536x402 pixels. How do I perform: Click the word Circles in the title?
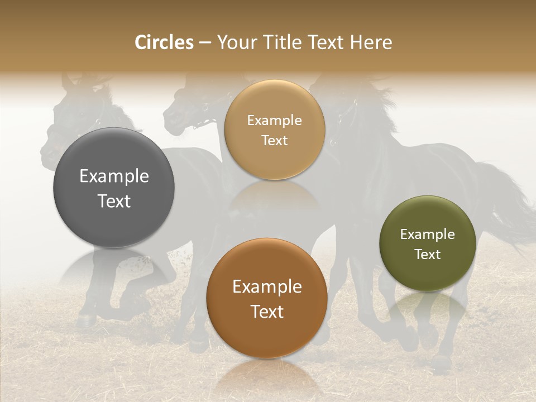pos(164,42)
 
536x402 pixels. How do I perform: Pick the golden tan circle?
pos(274,109)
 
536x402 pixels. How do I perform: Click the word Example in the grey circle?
pos(114,176)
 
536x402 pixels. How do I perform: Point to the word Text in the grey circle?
pos(114,201)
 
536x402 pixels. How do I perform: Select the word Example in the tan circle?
pos(274,121)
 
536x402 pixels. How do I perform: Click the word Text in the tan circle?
pos(274,141)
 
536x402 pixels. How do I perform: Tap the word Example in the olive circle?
pos(427,234)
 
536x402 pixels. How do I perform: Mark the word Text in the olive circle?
pos(427,255)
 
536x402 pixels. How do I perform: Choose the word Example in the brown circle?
pos(267,287)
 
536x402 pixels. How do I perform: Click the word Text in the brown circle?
pos(267,312)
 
